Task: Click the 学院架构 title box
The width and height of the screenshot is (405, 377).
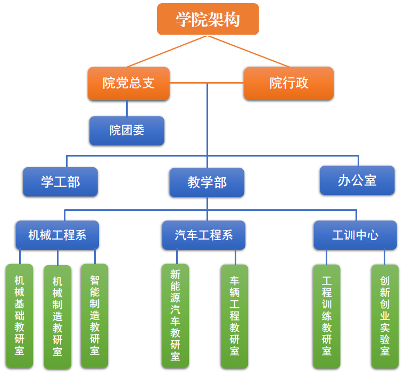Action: tap(208, 19)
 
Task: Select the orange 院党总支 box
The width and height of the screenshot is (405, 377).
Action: tap(128, 83)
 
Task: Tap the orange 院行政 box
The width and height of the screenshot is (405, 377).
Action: tap(288, 83)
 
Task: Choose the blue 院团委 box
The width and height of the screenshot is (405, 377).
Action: tap(127, 130)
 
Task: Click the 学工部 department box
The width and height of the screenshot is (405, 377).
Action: tap(60, 182)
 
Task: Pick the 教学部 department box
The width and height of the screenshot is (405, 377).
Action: tap(206, 183)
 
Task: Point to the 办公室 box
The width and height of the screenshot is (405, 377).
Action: tap(357, 180)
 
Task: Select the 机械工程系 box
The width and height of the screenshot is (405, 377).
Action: tap(57, 235)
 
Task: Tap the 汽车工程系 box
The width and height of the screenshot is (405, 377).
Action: tap(203, 235)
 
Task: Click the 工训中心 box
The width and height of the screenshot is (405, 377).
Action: tap(355, 235)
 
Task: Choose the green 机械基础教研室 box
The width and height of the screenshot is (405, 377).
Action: tap(19, 315)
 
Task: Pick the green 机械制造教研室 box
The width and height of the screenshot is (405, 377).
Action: tap(57, 317)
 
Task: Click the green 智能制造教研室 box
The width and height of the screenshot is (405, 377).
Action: tap(95, 315)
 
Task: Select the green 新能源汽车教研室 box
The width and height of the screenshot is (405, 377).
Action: tap(175, 315)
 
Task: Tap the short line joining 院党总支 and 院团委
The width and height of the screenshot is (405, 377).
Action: tap(127, 108)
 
